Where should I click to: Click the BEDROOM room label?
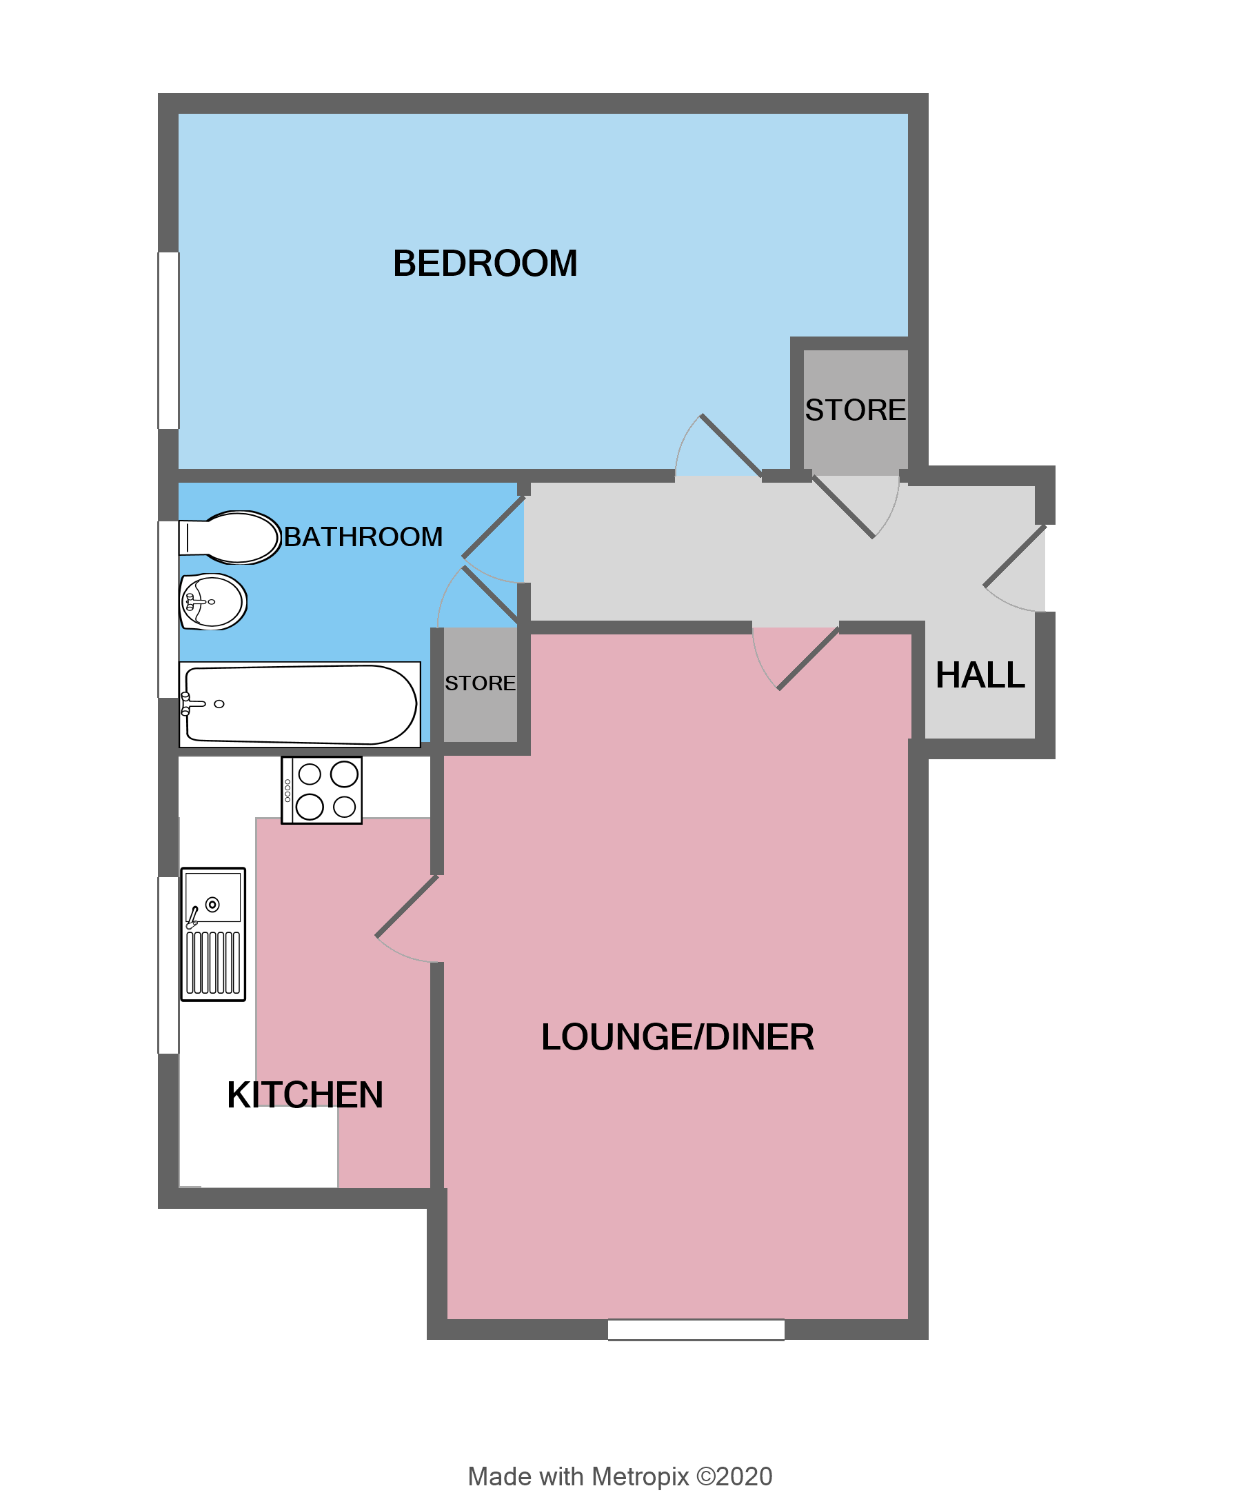(x=485, y=263)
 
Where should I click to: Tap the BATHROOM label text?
(x=363, y=536)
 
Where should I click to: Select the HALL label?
(x=979, y=675)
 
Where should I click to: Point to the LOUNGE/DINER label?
(x=677, y=1037)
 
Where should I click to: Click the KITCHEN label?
(x=305, y=1095)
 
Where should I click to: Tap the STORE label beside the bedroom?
(x=855, y=410)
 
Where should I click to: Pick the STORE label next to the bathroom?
(x=480, y=683)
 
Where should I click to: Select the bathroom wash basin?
(x=213, y=602)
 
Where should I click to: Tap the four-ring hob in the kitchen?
(x=322, y=790)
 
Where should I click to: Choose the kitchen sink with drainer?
(x=213, y=934)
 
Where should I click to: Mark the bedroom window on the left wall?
(x=169, y=340)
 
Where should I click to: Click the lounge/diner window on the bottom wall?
(x=695, y=1330)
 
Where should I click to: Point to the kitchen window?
(x=169, y=965)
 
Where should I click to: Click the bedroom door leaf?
(x=731, y=445)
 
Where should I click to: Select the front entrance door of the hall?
(x=1014, y=556)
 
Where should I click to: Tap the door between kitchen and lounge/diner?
(x=407, y=905)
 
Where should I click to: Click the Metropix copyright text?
(x=620, y=1476)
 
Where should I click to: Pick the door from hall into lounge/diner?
(x=808, y=659)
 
